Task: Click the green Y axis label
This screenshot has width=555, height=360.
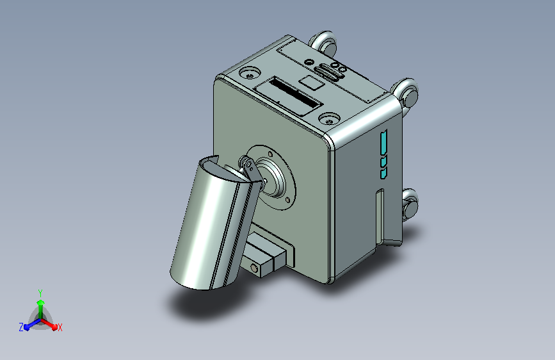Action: pos(40,293)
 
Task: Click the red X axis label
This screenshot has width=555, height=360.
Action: pos(60,327)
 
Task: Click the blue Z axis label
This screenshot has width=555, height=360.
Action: pos(21,327)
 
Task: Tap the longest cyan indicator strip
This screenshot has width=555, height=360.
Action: pos(383,142)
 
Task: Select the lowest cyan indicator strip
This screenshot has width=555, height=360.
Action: pos(383,173)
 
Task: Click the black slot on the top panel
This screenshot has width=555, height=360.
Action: pos(294,94)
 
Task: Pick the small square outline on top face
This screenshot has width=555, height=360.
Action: pos(312,82)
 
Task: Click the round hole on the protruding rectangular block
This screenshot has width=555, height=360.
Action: pos(255,268)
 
